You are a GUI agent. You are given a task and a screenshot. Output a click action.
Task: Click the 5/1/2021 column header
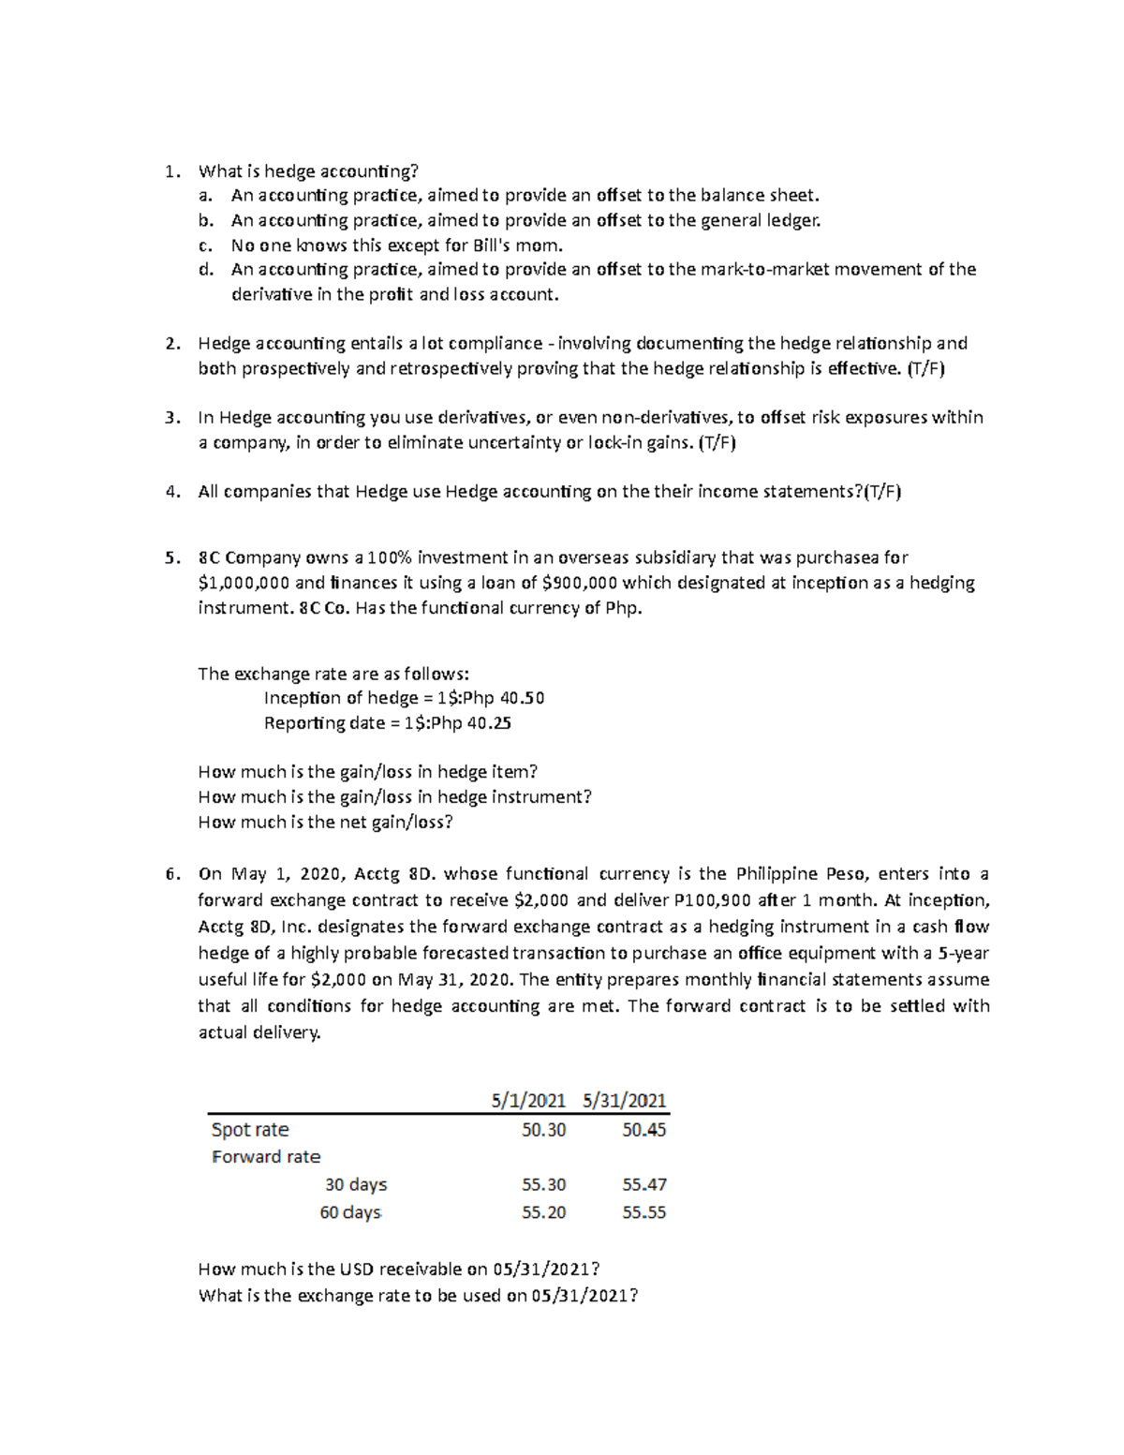528,1100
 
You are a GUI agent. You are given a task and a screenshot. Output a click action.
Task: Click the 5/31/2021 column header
624,1100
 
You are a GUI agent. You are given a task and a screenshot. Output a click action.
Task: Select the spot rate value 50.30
543,1130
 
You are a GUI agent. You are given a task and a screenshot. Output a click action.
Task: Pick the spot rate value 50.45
643,1130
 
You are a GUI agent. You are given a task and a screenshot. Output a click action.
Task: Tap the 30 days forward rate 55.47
643,1184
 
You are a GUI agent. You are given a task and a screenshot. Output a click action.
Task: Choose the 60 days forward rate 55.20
543,1212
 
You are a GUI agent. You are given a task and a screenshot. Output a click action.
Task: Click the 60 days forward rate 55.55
643,1212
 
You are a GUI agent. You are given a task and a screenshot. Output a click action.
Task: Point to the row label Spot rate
250,1130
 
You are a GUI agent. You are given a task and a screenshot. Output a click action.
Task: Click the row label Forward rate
266,1157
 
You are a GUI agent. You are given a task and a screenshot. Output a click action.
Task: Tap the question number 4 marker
171,492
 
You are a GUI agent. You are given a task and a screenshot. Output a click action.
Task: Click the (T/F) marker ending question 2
926,368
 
